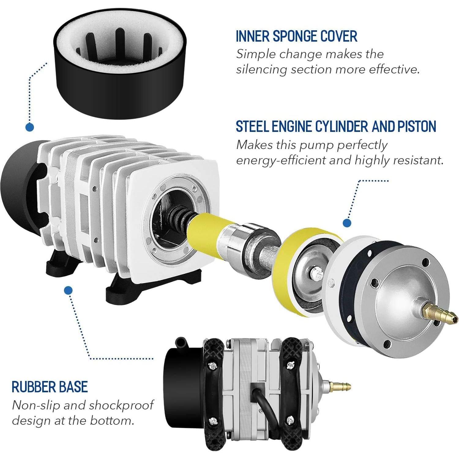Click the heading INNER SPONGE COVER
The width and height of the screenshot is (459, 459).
296,36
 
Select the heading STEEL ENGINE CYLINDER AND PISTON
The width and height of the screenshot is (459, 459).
336,126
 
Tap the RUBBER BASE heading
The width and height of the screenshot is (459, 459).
50,387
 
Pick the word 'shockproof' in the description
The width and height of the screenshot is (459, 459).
121,405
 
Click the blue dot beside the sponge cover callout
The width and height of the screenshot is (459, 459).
30,127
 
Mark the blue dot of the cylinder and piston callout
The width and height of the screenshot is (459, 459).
347,223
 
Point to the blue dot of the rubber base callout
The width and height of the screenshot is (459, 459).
69,290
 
